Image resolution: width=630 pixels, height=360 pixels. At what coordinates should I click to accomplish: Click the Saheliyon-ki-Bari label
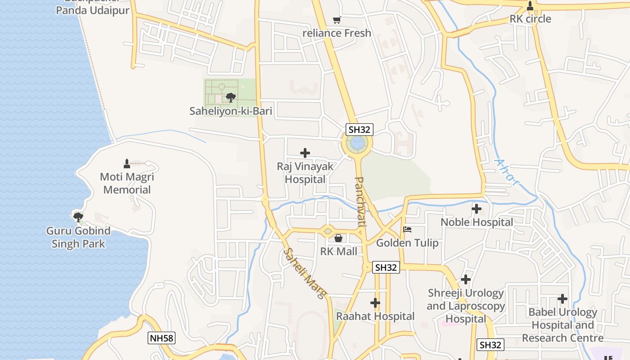coord(230,111)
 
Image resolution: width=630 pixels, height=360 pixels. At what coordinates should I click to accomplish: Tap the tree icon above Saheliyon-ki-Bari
coord(230,97)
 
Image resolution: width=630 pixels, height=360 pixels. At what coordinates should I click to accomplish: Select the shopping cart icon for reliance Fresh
coord(337,20)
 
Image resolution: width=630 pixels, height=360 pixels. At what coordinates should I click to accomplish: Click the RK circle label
coord(530,19)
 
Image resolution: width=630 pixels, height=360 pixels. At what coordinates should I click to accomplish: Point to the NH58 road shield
coord(161,338)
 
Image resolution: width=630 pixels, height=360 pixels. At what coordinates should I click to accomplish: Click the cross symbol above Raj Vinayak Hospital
coord(305,153)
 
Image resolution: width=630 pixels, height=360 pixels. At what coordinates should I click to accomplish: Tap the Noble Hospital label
coord(477,222)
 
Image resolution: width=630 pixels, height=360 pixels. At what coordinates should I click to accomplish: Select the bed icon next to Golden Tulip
coord(407,229)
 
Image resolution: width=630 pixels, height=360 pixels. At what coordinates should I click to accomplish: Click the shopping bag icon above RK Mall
coord(338,238)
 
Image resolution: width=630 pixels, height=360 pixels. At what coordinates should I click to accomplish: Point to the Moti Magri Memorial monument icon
coord(127,163)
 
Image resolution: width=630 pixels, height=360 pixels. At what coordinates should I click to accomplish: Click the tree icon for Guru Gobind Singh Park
coord(78,217)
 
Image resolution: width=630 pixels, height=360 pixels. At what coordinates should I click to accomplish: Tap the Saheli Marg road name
coord(304,274)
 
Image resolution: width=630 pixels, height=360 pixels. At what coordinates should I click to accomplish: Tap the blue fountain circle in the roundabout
coord(357,144)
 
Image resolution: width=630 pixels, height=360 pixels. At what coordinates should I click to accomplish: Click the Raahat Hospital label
coord(375,316)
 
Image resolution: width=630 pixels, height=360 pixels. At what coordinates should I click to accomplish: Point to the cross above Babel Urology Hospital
coord(562,299)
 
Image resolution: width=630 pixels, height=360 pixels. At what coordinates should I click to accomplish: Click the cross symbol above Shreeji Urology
coord(466,279)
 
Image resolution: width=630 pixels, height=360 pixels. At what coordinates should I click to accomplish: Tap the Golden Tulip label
coord(407,243)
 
